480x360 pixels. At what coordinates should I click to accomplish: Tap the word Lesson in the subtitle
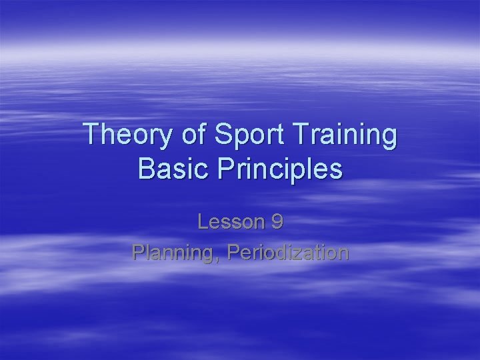pyautogui.click(x=229, y=221)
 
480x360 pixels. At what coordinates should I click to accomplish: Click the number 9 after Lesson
pyautogui.click(x=275, y=221)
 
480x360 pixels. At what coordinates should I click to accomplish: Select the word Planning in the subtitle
pyautogui.click(x=175, y=253)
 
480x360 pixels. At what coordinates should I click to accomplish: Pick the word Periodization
pyautogui.click(x=287, y=253)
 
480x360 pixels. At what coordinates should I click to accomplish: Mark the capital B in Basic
pyautogui.click(x=146, y=169)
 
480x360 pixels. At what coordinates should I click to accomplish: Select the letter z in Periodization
pyautogui.click(x=303, y=253)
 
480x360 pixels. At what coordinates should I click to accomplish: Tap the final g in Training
pyautogui.click(x=388, y=139)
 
